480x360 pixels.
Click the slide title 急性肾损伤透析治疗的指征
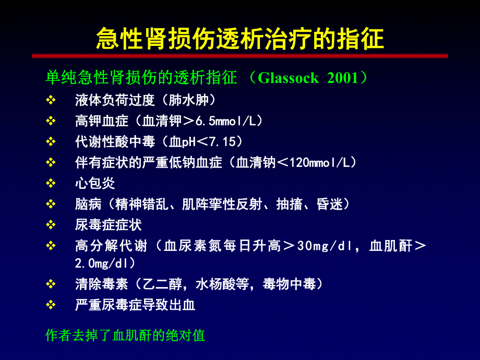click(240, 38)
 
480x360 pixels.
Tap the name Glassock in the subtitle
click(288, 78)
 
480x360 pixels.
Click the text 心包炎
click(95, 183)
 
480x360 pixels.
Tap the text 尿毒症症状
click(109, 225)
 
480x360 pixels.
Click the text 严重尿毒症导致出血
click(135, 305)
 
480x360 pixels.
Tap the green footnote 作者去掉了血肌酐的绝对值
click(125, 335)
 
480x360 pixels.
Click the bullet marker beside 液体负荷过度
click(51, 100)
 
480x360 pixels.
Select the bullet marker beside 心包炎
click(51, 183)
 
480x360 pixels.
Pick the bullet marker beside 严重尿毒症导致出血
click(51, 305)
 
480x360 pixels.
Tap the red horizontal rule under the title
click(240, 55)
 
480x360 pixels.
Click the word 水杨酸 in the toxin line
click(216, 284)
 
